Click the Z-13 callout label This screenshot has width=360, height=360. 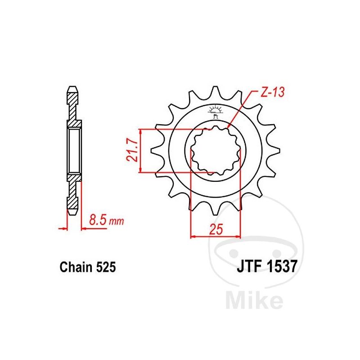273,92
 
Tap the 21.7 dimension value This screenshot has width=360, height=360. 132,150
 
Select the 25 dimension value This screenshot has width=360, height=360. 216,229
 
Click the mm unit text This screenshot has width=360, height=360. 117,221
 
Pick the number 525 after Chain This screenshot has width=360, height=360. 106,267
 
